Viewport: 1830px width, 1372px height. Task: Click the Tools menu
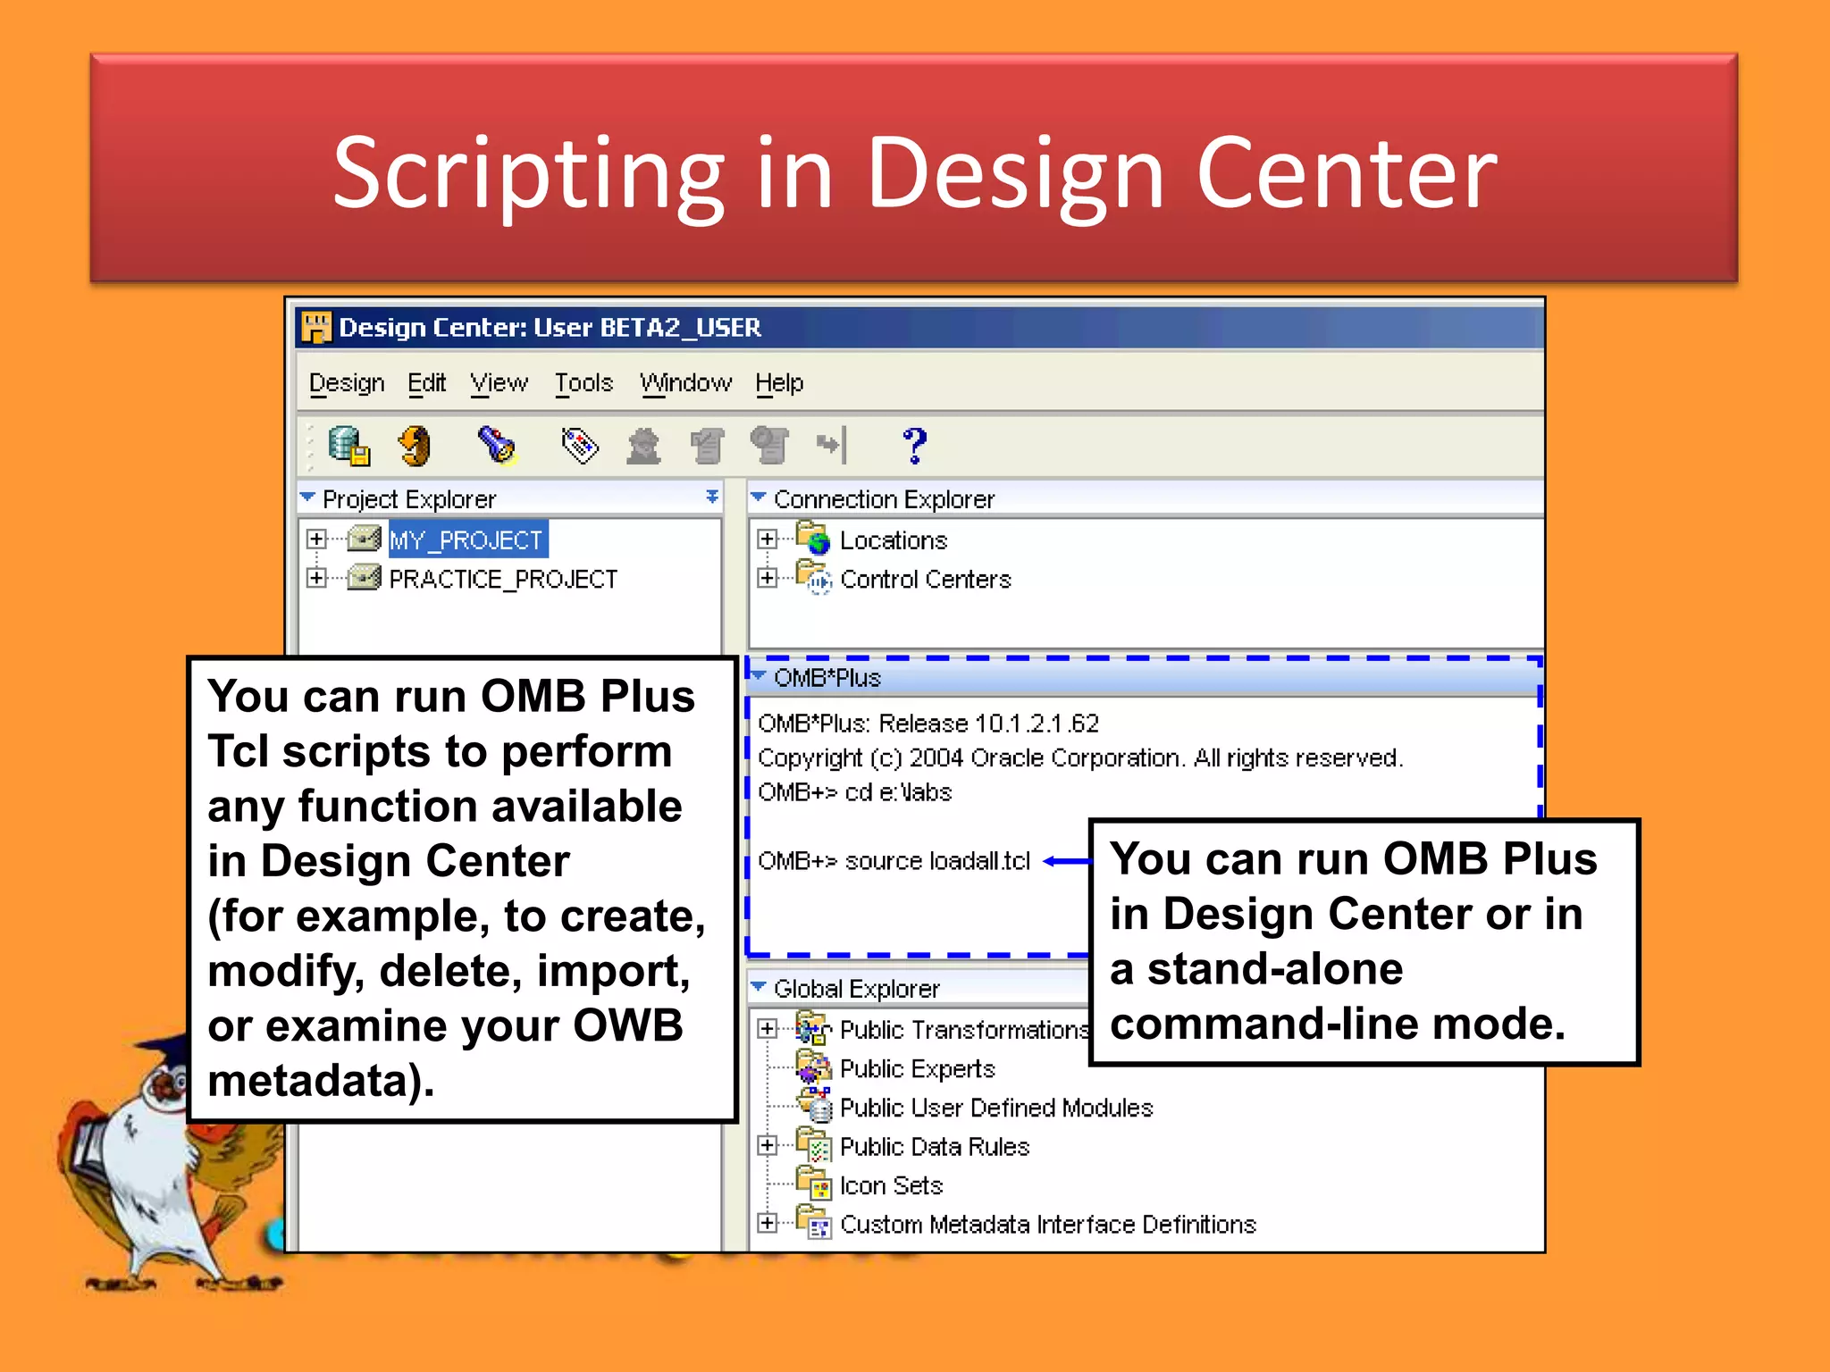[583, 383]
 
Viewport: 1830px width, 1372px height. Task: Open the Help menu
[778, 383]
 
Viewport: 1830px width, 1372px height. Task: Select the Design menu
[346, 383]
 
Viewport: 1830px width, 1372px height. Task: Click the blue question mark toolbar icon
[914, 445]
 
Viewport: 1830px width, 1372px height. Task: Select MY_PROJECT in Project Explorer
[466, 540]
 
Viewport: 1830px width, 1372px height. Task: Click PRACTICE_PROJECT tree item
[502, 580]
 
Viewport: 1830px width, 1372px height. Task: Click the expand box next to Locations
[767, 540]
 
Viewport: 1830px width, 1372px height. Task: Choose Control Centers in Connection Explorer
[925, 580]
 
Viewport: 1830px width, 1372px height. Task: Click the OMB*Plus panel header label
[827, 678]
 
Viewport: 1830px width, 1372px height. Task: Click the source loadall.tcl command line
[894, 861]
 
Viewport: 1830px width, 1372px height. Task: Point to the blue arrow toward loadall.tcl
[1067, 861]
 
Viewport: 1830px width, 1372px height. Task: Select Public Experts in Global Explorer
[917, 1069]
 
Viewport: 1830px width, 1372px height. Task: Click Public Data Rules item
[934, 1147]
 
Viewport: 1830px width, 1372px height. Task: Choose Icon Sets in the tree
[891, 1186]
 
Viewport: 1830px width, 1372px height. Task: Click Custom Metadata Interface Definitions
[1047, 1225]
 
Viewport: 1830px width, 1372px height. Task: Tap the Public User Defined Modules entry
[995, 1108]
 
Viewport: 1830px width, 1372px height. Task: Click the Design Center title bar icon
[315, 328]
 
